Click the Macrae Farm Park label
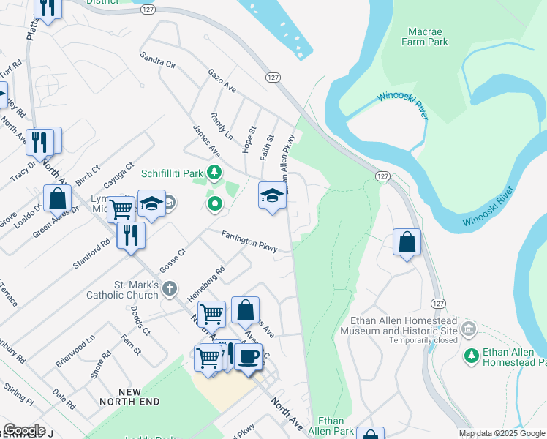point(423,36)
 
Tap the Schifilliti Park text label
point(171,173)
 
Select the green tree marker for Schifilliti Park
point(214,173)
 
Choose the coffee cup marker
point(249,356)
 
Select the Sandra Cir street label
point(159,60)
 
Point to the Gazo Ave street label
point(222,81)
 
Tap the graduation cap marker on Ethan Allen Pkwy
point(271,195)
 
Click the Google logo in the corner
point(23,429)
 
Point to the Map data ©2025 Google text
point(502,433)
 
